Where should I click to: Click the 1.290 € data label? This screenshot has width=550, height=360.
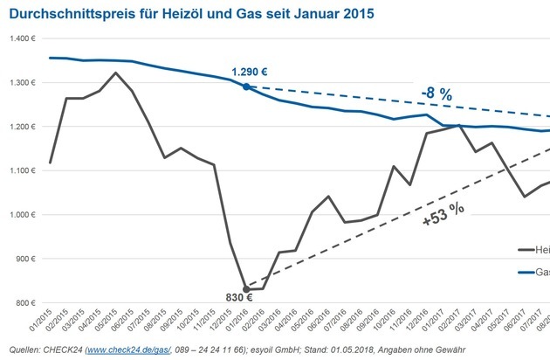pyautogui.click(x=248, y=71)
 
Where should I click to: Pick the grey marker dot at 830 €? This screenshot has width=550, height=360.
pyautogui.click(x=246, y=289)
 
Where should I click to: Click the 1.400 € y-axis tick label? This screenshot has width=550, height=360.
pyautogui.click(x=17, y=39)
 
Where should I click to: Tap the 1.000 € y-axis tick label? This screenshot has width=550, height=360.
pyautogui.click(x=17, y=215)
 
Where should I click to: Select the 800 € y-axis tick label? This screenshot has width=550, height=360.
pyautogui.click(x=20, y=303)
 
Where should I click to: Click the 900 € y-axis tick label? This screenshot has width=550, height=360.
pyautogui.click(x=20, y=260)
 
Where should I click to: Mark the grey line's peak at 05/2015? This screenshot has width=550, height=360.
pyautogui.click(x=115, y=73)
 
